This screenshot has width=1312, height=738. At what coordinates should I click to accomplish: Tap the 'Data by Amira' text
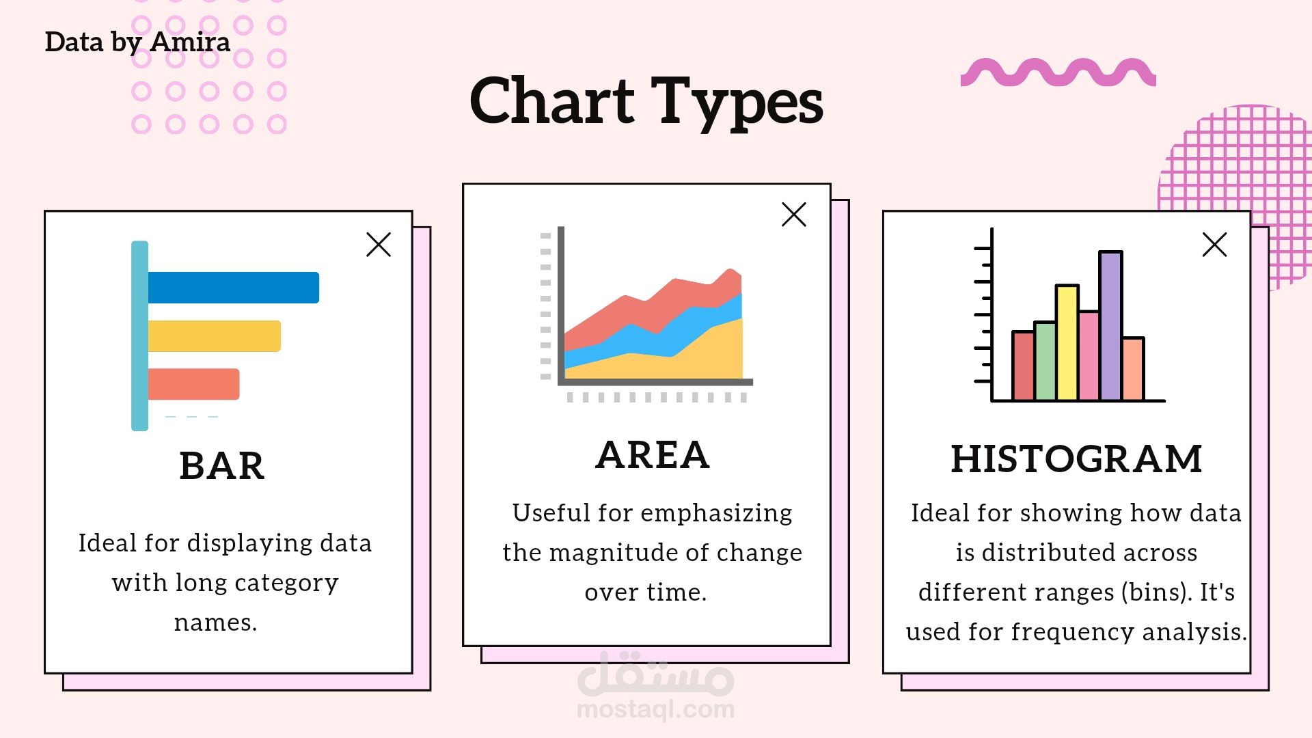click(x=137, y=42)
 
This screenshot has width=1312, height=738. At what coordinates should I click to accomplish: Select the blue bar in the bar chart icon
click(x=233, y=288)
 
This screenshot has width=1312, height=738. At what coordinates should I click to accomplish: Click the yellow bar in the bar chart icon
click(x=214, y=336)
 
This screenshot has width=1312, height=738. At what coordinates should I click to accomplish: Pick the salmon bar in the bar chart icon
click(x=193, y=384)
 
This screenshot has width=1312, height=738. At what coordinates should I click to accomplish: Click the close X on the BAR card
click(x=379, y=245)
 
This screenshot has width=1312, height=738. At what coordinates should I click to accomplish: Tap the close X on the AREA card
click(x=794, y=215)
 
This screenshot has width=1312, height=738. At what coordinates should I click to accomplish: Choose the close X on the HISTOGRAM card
click(x=1214, y=245)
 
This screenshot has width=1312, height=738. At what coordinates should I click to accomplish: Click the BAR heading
click(x=221, y=466)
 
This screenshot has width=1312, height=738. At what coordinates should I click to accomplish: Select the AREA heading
click(x=653, y=455)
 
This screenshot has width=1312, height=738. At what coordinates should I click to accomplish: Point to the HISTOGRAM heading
click(x=1076, y=459)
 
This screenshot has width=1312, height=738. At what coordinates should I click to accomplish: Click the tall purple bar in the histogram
click(x=1110, y=326)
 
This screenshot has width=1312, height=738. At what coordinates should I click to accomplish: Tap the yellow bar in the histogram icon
click(x=1067, y=342)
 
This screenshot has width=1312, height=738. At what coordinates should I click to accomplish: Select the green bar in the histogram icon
click(x=1045, y=361)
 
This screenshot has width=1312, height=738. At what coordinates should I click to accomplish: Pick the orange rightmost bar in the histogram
click(x=1133, y=369)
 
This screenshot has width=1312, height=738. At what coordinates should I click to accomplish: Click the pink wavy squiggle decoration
click(x=1058, y=73)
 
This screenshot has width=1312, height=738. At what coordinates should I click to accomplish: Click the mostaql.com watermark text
click(x=655, y=709)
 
